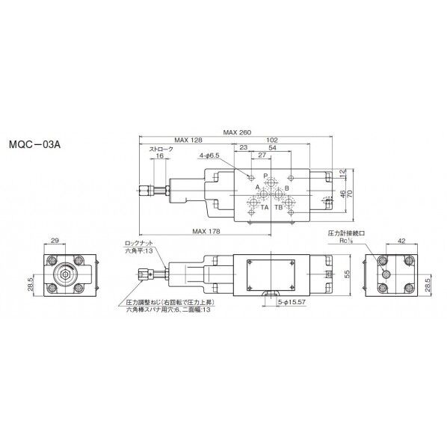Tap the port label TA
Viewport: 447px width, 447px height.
pos(264,208)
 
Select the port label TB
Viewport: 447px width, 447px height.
pos(278,208)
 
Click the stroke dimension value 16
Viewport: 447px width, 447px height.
pos(159,155)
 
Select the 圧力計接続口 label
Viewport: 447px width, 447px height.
pos(345,233)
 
